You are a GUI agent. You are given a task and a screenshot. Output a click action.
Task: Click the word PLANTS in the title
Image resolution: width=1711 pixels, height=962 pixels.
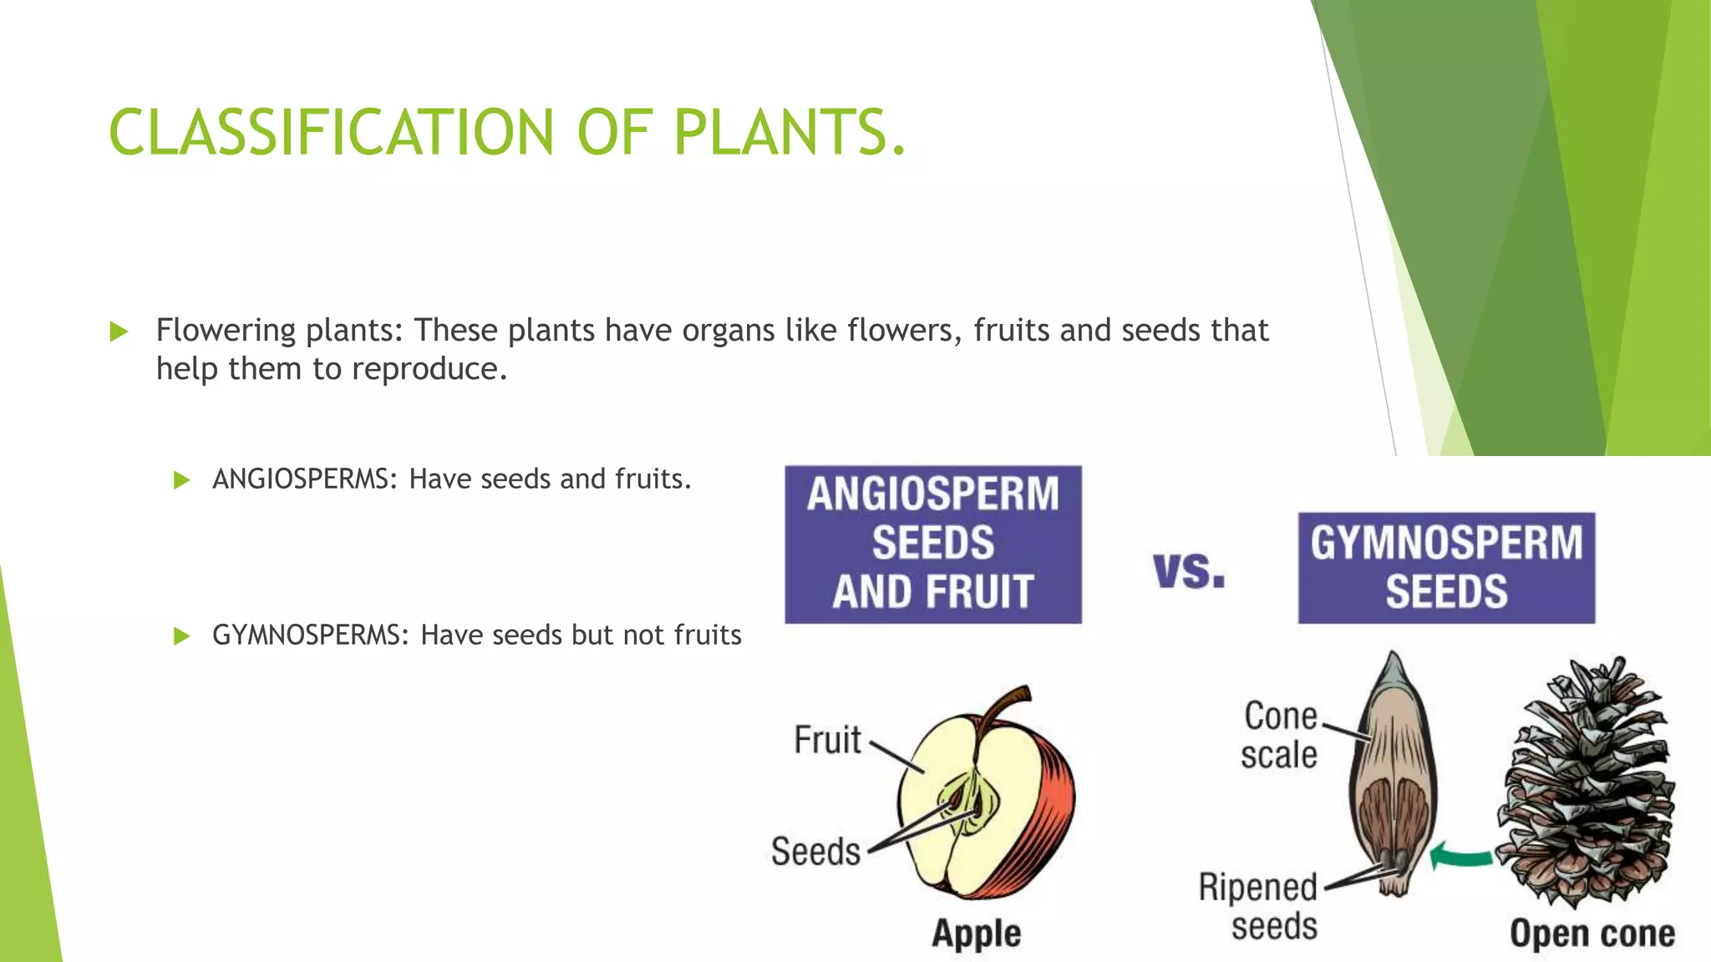tap(781, 132)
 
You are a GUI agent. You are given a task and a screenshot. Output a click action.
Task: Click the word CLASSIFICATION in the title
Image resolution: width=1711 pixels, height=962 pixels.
tap(331, 132)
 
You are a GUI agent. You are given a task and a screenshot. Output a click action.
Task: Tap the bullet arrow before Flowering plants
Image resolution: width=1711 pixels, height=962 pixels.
tap(119, 332)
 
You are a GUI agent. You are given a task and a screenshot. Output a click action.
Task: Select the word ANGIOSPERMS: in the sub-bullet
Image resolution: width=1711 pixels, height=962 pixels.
tap(305, 479)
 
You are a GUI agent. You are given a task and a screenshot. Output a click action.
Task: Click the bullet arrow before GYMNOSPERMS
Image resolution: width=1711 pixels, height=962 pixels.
tap(181, 636)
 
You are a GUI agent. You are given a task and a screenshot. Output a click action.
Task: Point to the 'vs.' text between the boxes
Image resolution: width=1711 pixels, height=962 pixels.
tap(1189, 571)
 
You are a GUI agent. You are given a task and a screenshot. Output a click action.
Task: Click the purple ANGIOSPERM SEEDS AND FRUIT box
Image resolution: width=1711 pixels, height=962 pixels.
tap(932, 544)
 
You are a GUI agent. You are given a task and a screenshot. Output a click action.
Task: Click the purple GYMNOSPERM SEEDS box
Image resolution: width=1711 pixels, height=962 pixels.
tap(1445, 568)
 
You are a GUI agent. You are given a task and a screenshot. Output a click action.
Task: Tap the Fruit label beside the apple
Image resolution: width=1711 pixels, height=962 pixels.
tap(827, 741)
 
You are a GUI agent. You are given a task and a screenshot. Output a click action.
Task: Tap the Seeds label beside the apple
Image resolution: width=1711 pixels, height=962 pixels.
tap(815, 852)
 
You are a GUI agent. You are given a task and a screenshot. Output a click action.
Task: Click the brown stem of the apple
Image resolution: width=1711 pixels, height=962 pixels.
tap(1002, 706)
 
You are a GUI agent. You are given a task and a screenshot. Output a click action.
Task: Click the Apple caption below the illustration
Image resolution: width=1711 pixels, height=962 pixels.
tap(976, 933)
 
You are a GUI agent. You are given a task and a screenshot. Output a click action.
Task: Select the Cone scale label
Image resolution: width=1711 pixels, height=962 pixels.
tap(1278, 736)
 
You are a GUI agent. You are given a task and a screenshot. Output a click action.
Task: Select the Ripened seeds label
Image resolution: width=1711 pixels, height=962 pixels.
tap(1258, 907)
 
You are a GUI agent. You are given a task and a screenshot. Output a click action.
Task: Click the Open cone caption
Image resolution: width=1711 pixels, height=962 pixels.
tap(1592, 933)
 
